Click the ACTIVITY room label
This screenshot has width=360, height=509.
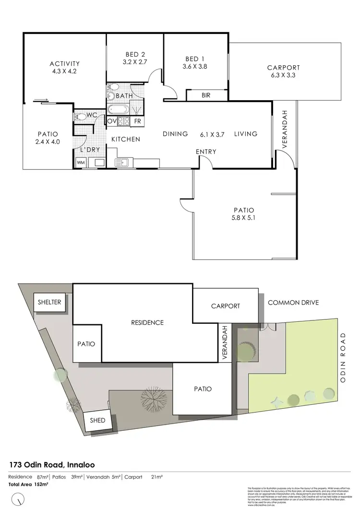click(x=64, y=63)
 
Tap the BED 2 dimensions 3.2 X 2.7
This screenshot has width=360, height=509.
click(x=135, y=62)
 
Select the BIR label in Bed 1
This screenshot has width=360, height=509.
click(x=205, y=96)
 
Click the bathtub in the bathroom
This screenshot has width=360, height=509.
click(x=118, y=108)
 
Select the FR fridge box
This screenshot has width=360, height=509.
click(x=137, y=121)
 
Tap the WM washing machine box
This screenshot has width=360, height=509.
click(x=80, y=163)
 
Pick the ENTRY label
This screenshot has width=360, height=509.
click(x=206, y=152)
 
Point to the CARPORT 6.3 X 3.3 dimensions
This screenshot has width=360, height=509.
click(x=283, y=75)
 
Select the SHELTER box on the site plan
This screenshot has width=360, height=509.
click(x=50, y=302)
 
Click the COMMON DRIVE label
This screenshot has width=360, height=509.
click(x=293, y=303)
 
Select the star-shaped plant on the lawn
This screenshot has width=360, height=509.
click(x=276, y=399)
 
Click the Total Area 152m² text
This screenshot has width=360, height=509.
click(x=29, y=485)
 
